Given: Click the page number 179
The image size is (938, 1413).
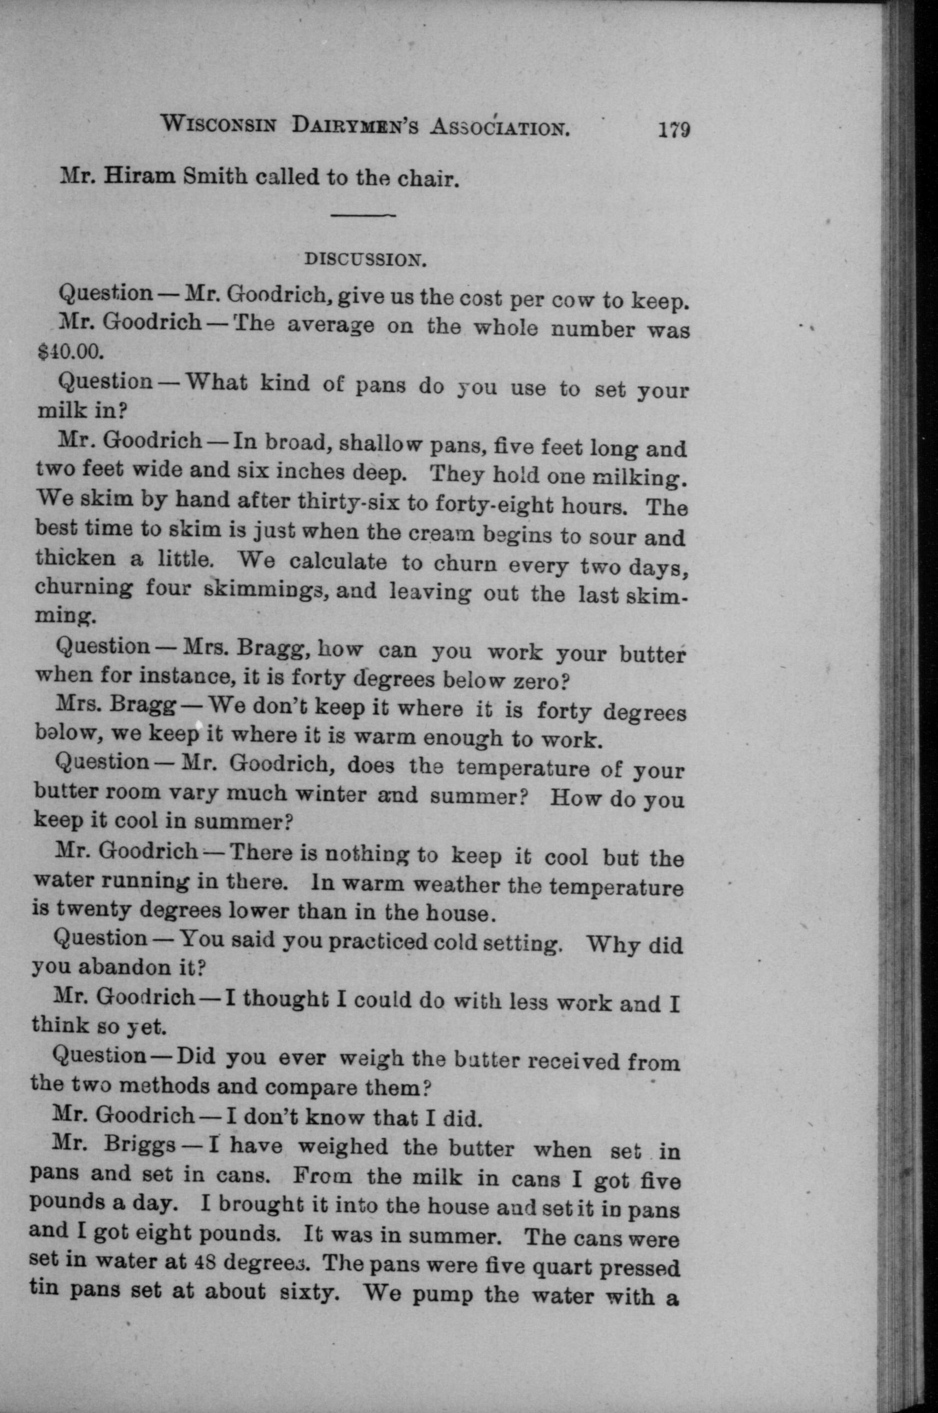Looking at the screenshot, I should pos(674,131).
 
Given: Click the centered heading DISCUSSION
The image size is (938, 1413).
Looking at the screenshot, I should pos(365,260).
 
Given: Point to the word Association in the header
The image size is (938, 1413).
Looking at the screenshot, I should pos(500,127).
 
